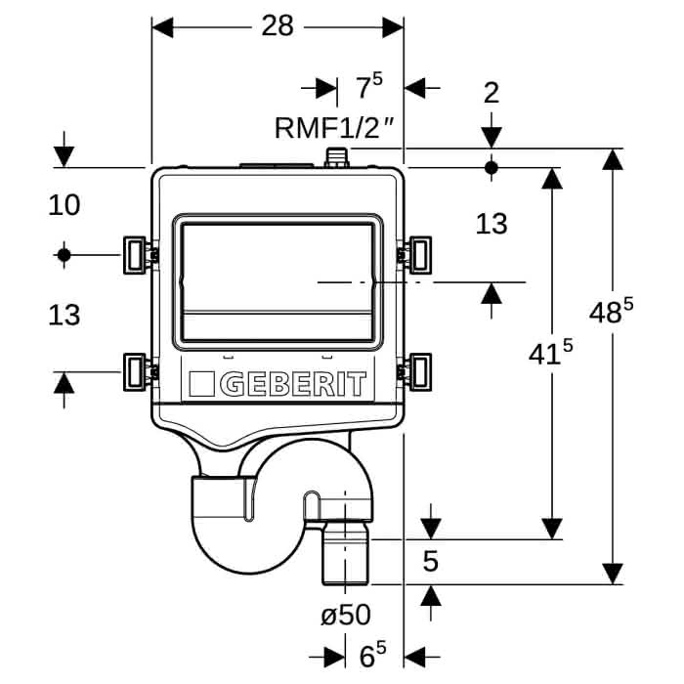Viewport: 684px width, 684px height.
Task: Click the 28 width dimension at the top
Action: pyautogui.click(x=278, y=25)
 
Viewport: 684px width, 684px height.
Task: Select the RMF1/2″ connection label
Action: pyautogui.click(x=334, y=127)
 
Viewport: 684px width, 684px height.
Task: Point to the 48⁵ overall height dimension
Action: pyautogui.click(x=611, y=310)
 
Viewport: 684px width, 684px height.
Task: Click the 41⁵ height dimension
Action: pyautogui.click(x=550, y=352)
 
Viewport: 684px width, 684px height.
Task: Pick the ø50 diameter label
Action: pyautogui.click(x=346, y=615)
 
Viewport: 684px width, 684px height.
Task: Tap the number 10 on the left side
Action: pyautogui.click(x=64, y=205)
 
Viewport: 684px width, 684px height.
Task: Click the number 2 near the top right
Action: pyautogui.click(x=492, y=93)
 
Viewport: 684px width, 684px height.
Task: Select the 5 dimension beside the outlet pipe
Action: pyautogui.click(x=431, y=561)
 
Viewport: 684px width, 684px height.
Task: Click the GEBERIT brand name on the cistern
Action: pyautogui.click(x=293, y=384)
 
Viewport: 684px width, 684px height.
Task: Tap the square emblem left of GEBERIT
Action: pyautogui.click(x=201, y=384)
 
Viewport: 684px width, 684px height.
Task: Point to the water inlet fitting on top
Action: pyautogui.click(x=337, y=157)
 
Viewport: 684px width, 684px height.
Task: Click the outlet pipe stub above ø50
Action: pyautogui.click(x=346, y=554)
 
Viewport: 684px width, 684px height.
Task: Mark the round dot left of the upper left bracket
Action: pyautogui.click(x=64, y=255)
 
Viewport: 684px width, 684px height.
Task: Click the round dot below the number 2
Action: pyautogui.click(x=492, y=167)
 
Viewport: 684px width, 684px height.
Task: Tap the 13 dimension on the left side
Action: pyautogui.click(x=64, y=315)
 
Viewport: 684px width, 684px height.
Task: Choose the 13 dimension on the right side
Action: pyautogui.click(x=492, y=224)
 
